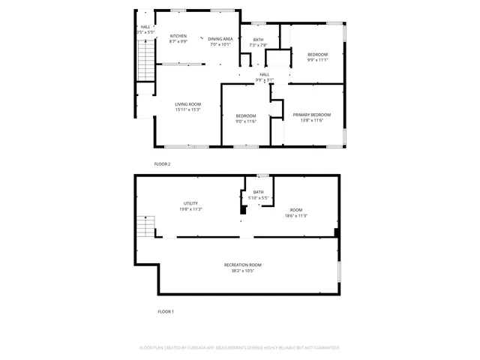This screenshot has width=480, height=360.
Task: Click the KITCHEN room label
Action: (178, 36)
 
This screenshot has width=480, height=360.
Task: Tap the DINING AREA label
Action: (220, 39)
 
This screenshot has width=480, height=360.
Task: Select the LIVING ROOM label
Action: (187, 104)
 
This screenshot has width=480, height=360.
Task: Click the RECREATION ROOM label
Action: (242, 265)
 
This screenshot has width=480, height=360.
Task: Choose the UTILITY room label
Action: (190, 203)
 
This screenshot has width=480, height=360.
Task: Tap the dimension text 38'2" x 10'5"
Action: (242, 271)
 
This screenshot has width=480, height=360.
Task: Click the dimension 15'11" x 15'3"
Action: (187, 110)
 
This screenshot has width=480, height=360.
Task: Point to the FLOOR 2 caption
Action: (162, 163)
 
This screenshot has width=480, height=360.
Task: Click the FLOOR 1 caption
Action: (165, 310)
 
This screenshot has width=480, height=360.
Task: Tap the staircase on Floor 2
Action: (145, 60)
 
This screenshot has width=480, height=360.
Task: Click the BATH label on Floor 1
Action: (258, 192)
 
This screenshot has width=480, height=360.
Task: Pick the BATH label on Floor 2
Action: (258, 39)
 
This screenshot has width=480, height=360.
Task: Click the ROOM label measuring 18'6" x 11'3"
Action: (296, 210)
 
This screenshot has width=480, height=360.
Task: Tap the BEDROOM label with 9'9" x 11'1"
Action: (317, 55)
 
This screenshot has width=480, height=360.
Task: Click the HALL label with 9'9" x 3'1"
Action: (265, 74)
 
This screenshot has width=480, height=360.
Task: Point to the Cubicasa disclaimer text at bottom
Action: (240, 348)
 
